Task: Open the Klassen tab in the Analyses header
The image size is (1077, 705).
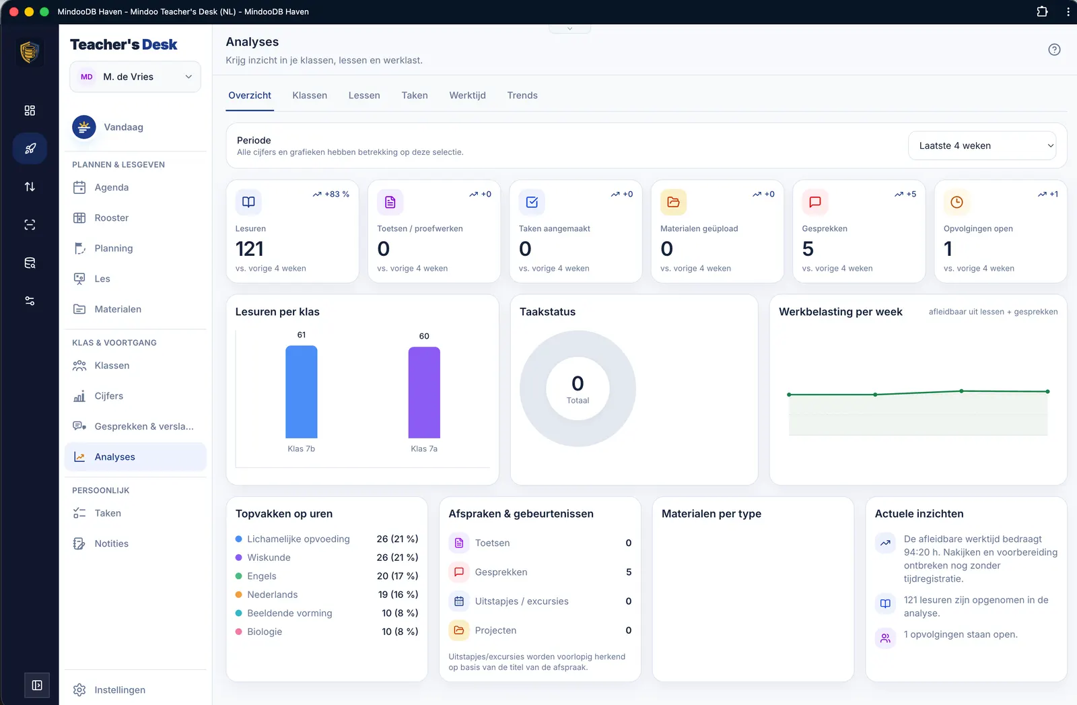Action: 310,95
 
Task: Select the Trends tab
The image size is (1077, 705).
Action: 522,95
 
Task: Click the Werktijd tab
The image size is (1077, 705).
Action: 467,95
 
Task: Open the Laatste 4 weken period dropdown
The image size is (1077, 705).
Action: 982,145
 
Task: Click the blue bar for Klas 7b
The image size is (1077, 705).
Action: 302,392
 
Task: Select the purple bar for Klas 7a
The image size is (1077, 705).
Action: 424,393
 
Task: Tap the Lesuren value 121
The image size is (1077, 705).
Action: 249,248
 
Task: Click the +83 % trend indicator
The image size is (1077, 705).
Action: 331,195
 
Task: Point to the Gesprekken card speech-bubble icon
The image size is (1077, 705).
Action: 815,202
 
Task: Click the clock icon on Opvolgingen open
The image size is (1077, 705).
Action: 957,202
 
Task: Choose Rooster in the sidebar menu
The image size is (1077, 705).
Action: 112,218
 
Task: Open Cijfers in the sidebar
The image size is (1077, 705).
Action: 108,396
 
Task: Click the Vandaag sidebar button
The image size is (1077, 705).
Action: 124,127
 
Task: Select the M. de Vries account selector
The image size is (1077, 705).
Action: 135,77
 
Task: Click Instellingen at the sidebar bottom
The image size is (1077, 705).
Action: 120,690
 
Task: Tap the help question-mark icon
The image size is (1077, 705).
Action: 1054,50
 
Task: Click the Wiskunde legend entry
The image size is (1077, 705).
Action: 269,558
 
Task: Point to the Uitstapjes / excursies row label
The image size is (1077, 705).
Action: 522,601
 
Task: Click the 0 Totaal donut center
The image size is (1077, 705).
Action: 578,389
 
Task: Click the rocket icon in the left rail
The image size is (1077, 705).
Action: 30,148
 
